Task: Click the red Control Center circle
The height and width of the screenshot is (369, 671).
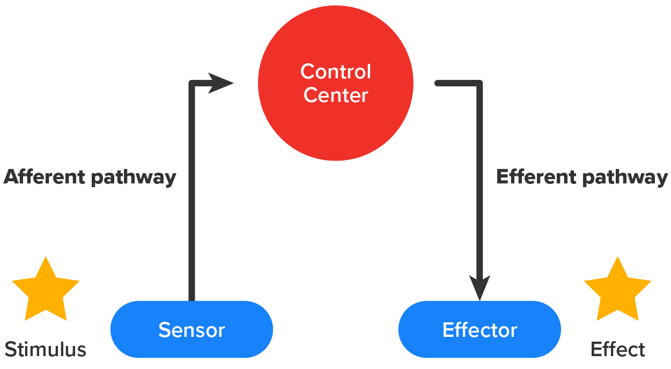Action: [335, 123]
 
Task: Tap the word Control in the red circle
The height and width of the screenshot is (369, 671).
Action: [335, 71]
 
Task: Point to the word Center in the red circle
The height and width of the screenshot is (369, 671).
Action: [335, 95]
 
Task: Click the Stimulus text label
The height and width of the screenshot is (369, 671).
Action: [46, 350]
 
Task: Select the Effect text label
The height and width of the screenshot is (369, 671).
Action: [617, 350]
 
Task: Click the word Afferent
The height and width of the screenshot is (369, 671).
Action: [45, 176]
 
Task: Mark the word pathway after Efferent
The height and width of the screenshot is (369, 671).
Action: [625, 178]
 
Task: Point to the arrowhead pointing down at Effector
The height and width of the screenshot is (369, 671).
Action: [480, 288]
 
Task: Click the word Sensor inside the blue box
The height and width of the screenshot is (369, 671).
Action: [191, 330]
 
